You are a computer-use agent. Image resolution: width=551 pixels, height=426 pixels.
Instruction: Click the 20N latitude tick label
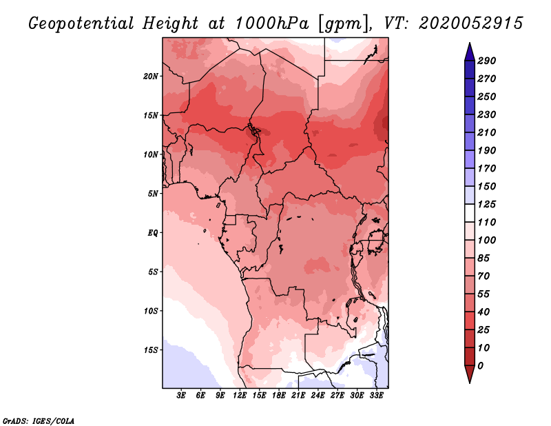pos(151,76)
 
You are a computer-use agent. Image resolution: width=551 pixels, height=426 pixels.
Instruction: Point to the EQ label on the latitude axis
pos(152,232)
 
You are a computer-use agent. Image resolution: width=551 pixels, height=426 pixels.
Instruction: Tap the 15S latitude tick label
pos(151,349)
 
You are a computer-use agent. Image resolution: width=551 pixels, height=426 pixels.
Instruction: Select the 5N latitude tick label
pos(153,193)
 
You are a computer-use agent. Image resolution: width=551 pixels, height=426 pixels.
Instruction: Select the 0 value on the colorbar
pos(480,365)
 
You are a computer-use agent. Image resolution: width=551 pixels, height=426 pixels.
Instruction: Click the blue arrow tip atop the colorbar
pos(468,49)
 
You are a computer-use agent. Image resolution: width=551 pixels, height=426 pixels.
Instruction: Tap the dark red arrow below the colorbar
pos(468,374)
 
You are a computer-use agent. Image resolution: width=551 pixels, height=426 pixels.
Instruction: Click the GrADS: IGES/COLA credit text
pos(38,420)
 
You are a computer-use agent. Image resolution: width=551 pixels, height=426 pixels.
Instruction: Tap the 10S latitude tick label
pos(151,311)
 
